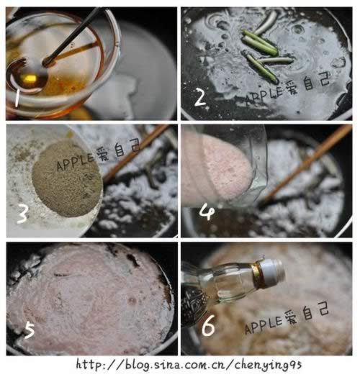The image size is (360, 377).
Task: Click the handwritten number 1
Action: (x=17, y=97)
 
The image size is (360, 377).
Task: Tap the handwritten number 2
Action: (x=200, y=97)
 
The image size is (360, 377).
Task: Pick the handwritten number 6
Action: (x=208, y=326)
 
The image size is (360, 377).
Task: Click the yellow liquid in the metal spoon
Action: (x=28, y=78)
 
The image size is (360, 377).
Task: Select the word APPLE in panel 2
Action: (x=264, y=96)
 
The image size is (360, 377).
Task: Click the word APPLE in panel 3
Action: (x=75, y=163)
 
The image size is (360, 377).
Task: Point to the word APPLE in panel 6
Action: (x=263, y=325)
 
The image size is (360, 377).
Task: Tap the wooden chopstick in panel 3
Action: (x=135, y=154)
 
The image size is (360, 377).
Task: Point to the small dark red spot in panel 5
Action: (x=132, y=301)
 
